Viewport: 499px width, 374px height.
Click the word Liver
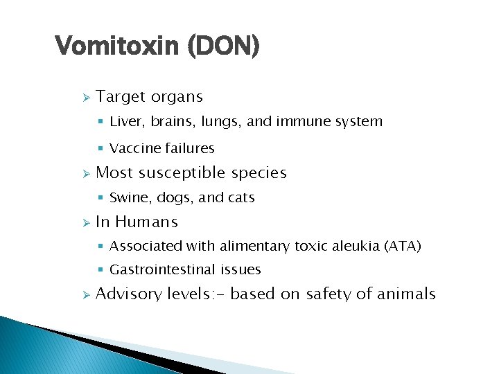(125, 122)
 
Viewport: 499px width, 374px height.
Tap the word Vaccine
(134, 148)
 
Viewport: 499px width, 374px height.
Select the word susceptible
(181, 173)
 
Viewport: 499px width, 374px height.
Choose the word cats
(240, 198)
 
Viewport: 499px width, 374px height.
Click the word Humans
(146, 222)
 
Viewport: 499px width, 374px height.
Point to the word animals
(406, 294)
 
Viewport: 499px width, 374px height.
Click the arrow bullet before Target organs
(85, 98)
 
